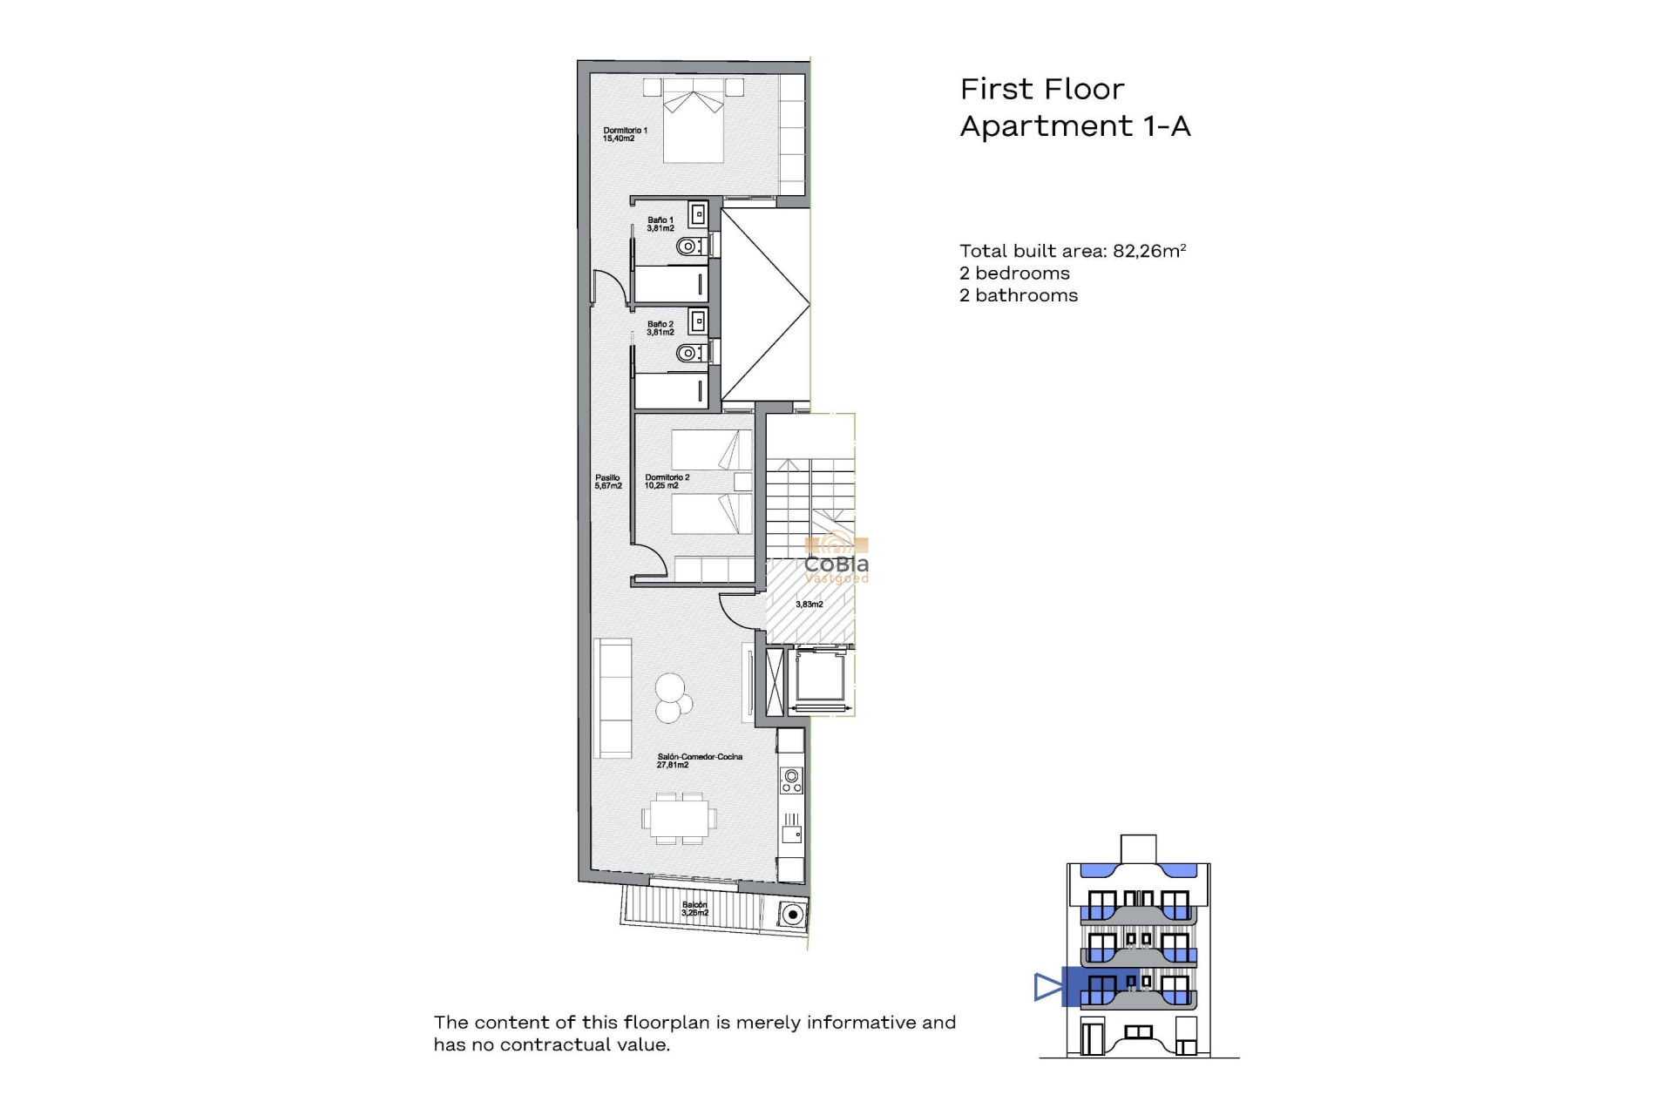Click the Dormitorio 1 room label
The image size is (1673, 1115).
click(625, 134)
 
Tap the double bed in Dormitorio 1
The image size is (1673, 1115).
click(694, 122)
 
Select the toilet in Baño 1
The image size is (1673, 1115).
click(689, 247)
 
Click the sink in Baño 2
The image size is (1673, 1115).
click(697, 322)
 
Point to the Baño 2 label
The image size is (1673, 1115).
click(660, 328)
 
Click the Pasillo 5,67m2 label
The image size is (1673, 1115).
click(607, 482)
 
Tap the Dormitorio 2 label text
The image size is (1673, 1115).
click(667, 482)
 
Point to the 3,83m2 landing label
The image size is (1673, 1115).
click(809, 604)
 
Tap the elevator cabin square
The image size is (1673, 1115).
click(820, 677)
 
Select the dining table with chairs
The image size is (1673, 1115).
click(680, 818)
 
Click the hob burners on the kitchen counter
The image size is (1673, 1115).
click(791, 780)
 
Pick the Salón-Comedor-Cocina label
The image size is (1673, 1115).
click(699, 760)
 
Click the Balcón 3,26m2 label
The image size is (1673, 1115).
click(694, 909)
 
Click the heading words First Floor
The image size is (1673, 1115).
click(1041, 89)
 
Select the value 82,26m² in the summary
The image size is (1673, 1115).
click(1148, 251)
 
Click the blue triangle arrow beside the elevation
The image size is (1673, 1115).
click(1047, 987)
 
